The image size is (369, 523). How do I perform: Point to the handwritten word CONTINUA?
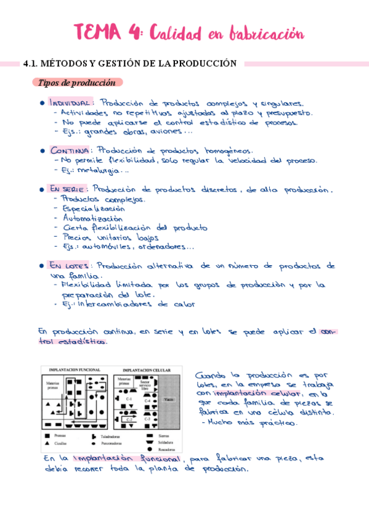tap(70, 150)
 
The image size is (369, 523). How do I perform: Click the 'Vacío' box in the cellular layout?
tap(169, 400)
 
